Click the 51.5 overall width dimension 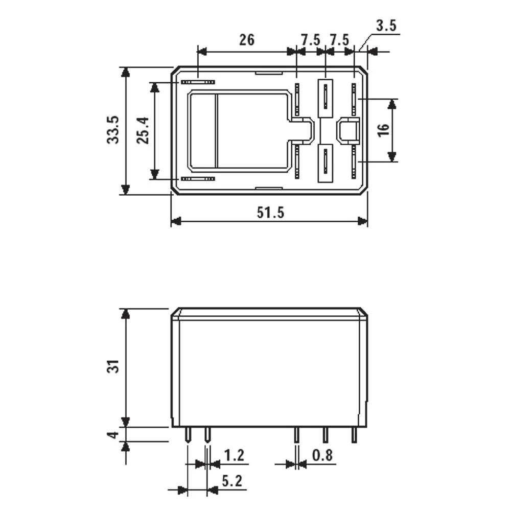(270, 213)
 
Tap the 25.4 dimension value (143, 130)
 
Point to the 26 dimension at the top (246, 39)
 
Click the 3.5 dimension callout (386, 26)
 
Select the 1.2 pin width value (234, 455)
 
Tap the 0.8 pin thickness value (323, 455)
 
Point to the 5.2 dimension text (231, 481)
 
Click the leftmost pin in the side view (188, 435)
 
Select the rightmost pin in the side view (354, 435)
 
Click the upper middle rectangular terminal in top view (326, 98)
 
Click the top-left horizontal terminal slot (198, 82)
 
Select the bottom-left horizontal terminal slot (198, 179)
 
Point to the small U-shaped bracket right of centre (349, 130)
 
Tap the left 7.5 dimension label (310, 39)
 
